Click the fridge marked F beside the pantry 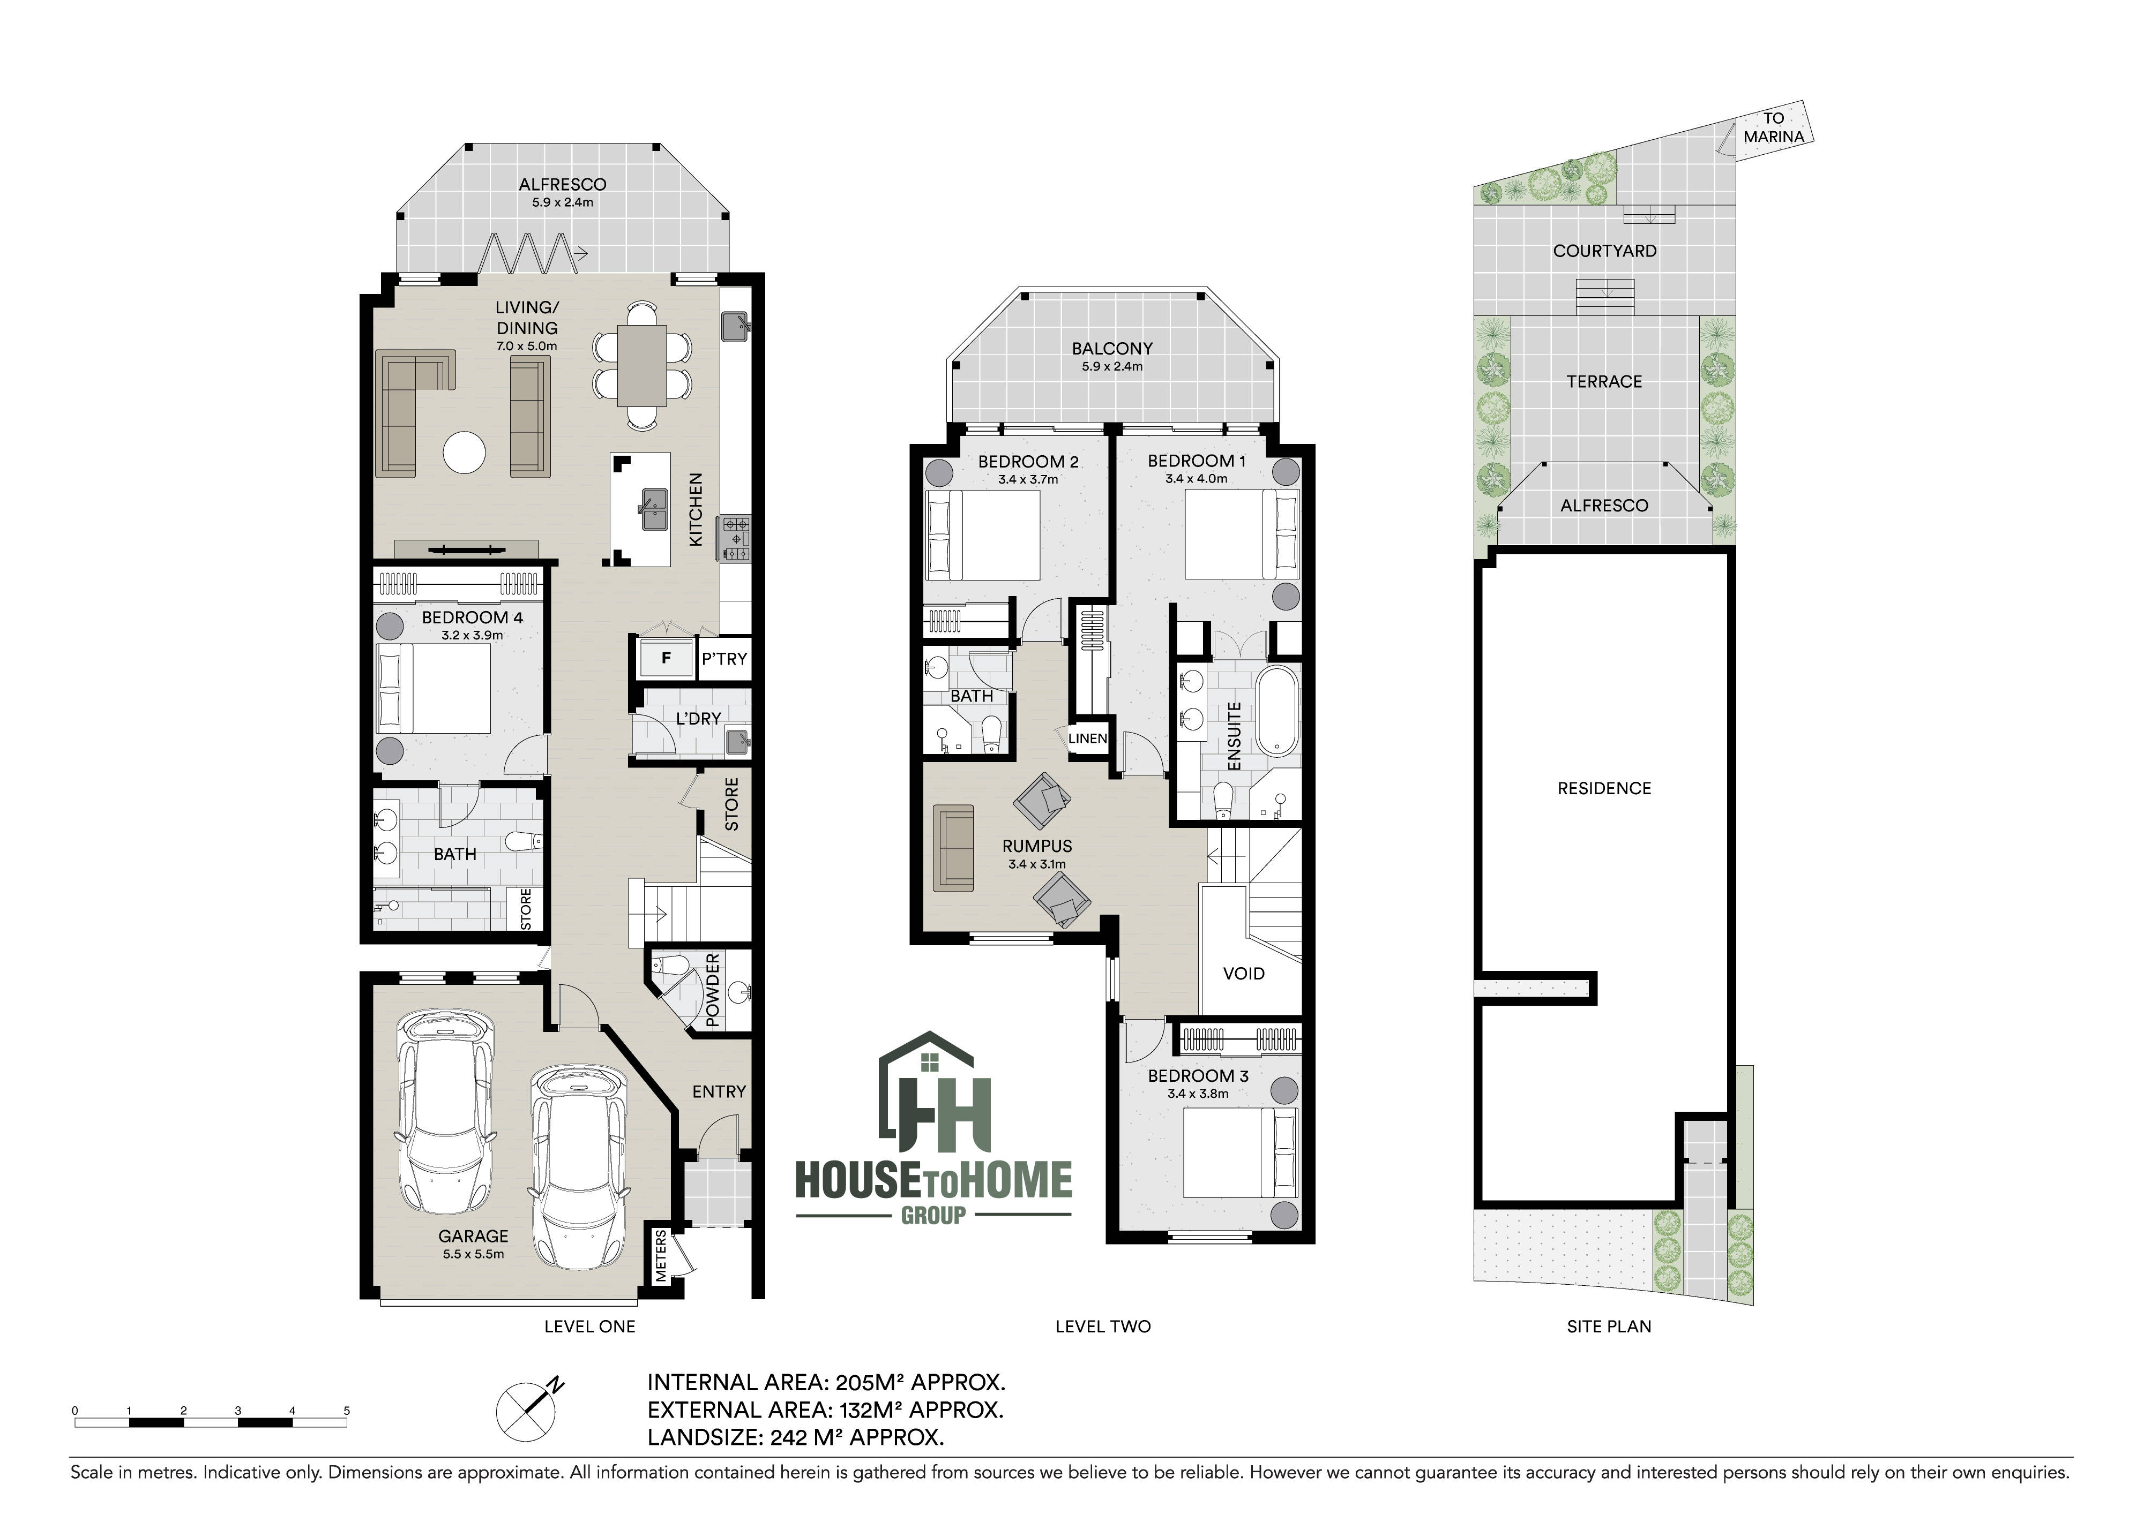666,658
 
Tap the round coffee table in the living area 464,453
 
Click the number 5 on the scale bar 347,1411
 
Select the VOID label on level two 1244,974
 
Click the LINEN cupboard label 1087,738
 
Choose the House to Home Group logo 933,1129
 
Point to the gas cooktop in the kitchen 734,539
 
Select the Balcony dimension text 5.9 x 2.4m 1111,367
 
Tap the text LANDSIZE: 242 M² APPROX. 796,1437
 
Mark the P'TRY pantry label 724,659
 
